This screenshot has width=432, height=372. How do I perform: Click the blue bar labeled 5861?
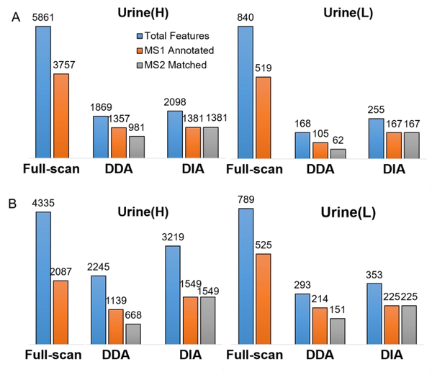(x=42, y=91)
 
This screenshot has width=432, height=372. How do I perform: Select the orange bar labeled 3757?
(x=61, y=115)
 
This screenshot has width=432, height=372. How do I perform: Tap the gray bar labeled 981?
(x=136, y=146)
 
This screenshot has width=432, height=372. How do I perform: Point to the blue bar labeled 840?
(x=245, y=91)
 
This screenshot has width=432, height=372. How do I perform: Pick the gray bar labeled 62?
(x=337, y=153)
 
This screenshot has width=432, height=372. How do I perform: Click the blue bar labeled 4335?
(x=42, y=278)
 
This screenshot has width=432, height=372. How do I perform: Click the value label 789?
(x=246, y=200)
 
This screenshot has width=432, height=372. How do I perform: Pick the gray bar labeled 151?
(x=337, y=330)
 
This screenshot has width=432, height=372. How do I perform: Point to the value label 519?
(x=264, y=68)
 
